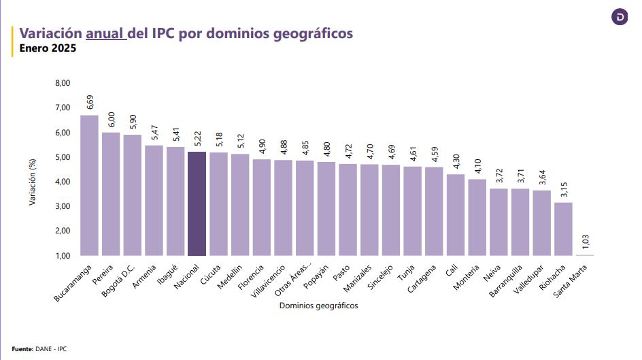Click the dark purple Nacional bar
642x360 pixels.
point(197,203)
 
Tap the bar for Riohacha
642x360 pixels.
point(563,229)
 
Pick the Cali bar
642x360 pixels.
point(456,214)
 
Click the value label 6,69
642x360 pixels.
point(90,102)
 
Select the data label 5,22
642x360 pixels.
point(197,138)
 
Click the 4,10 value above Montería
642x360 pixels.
point(477,166)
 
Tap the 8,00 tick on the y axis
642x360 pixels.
point(62,83)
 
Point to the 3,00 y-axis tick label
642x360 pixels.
point(62,206)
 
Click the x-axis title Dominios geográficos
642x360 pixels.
point(318,306)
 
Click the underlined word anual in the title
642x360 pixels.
point(105,33)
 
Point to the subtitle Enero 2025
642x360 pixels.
point(48,48)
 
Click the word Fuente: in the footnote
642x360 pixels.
point(22,348)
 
